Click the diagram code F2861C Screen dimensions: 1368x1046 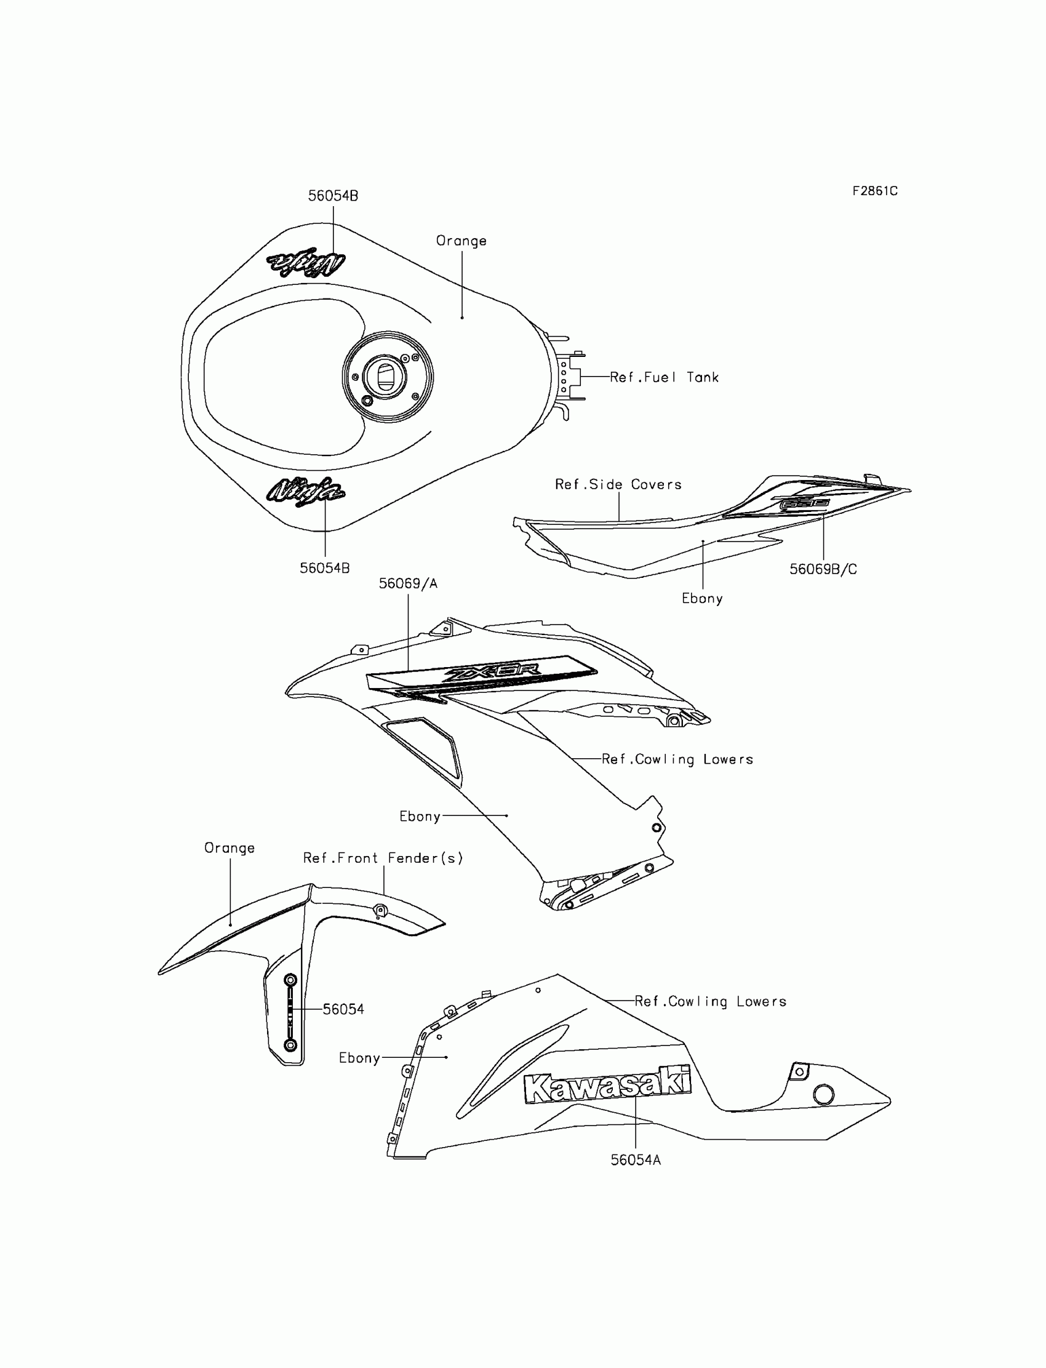point(875,191)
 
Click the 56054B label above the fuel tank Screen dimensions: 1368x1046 point(333,196)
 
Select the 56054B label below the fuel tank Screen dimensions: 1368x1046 point(324,568)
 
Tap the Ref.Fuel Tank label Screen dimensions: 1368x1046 point(664,377)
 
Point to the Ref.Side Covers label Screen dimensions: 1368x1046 point(618,484)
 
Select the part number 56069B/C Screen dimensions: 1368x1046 point(823,569)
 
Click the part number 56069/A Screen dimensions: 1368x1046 point(409,583)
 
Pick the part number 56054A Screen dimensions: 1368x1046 point(636,1160)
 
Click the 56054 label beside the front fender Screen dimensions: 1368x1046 point(343,1009)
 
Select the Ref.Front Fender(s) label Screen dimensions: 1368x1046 point(383,858)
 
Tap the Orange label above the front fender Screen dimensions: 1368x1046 point(230,848)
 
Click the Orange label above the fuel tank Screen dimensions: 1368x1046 point(461,241)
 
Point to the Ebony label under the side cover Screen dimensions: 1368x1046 point(702,598)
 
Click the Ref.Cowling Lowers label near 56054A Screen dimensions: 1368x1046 point(711,1001)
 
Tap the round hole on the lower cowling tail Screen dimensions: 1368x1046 point(824,1094)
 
